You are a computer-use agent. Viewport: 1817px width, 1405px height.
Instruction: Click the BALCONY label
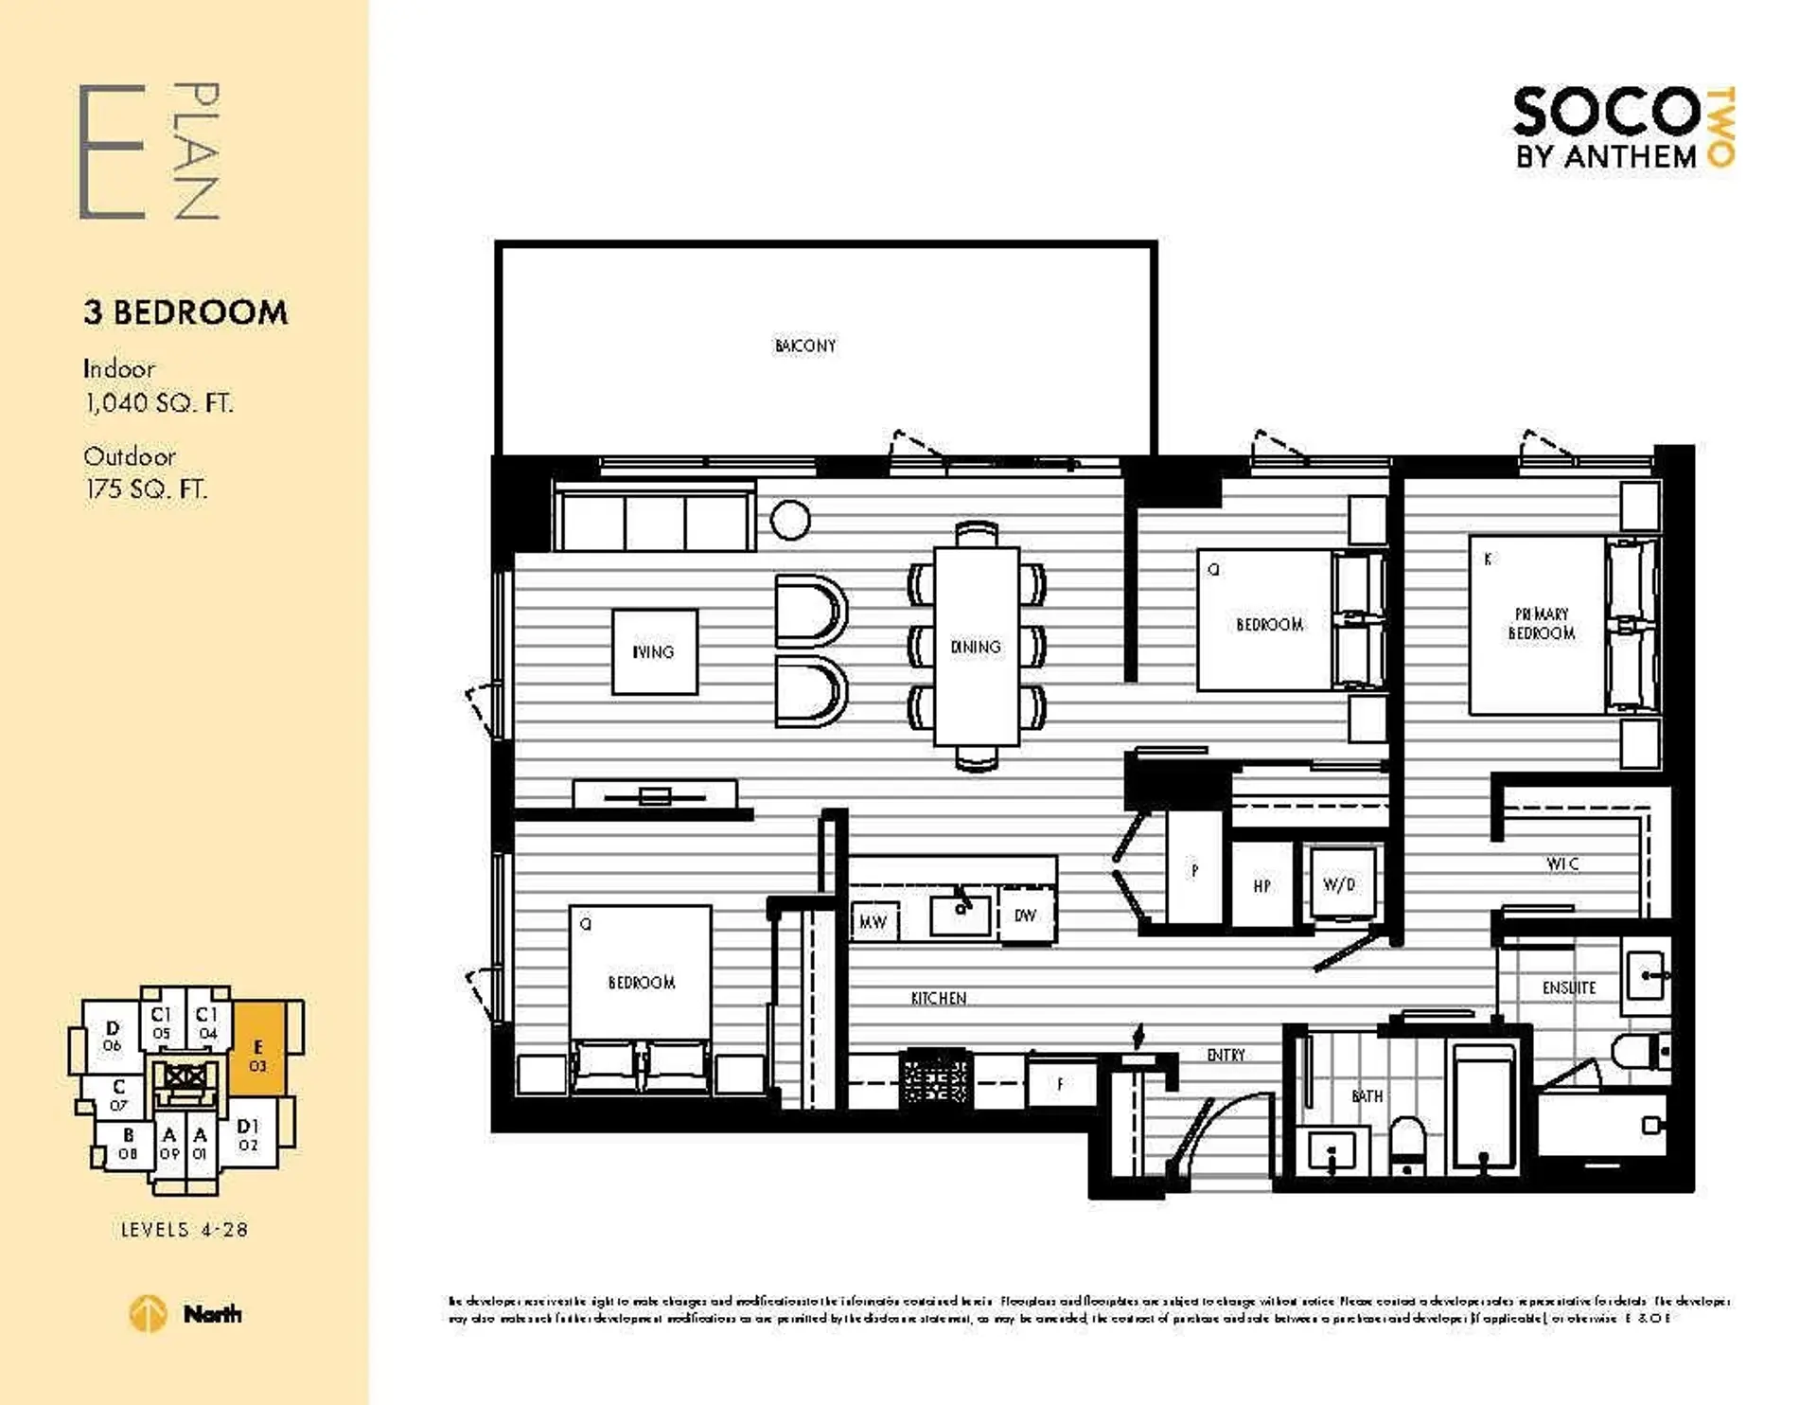(804, 346)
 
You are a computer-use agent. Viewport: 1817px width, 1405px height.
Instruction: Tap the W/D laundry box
(1339, 884)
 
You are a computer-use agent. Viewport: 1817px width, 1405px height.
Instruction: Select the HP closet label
(1261, 886)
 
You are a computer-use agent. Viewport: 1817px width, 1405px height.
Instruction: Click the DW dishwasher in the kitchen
(1025, 916)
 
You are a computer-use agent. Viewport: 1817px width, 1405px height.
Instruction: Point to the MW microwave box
(873, 921)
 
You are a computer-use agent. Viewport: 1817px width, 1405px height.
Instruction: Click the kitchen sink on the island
(961, 915)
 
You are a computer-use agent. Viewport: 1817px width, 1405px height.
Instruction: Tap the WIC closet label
(1561, 863)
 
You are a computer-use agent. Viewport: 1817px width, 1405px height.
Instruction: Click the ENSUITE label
(1568, 987)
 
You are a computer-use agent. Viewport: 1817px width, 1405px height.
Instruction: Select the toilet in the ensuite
(1638, 1050)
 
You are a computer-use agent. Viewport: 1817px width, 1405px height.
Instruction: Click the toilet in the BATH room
(1408, 1144)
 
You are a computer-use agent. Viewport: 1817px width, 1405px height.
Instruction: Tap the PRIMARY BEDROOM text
(1541, 624)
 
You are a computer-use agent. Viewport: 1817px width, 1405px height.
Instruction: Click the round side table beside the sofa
(789, 519)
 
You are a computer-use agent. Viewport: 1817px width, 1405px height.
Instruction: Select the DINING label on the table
(975, 647)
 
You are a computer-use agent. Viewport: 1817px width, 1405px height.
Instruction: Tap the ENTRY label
(1226, 1055)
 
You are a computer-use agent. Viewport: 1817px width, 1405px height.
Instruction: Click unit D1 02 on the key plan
(248, 1134)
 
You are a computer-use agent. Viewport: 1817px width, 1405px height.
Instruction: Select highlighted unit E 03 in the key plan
(256, 1054)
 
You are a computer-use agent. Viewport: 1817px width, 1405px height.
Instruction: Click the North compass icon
(148, 1314)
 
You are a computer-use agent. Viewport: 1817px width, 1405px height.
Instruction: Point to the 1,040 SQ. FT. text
(158, 403)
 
